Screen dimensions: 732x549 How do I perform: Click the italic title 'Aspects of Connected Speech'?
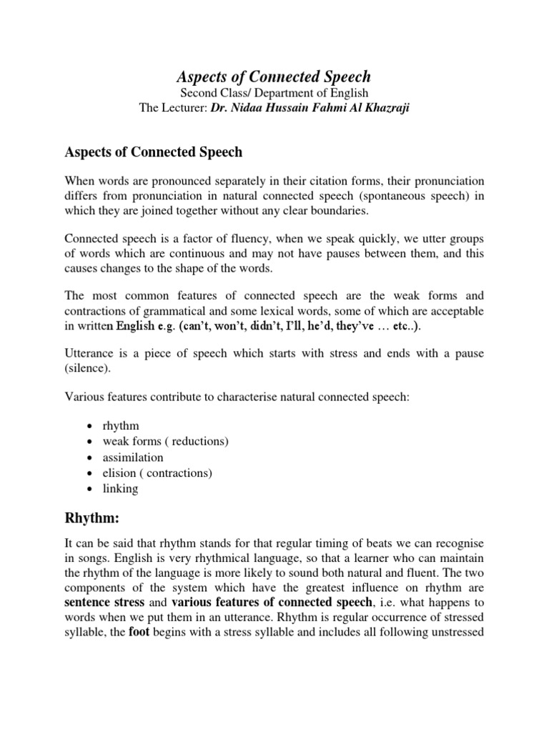click(274, 77)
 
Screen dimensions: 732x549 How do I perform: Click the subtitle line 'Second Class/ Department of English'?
click(274, 94)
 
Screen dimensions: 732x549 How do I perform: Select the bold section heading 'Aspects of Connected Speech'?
click(154, 152)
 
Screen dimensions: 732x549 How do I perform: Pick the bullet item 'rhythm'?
click(121, 426)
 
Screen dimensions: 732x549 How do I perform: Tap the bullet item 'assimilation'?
click(134, 457)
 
